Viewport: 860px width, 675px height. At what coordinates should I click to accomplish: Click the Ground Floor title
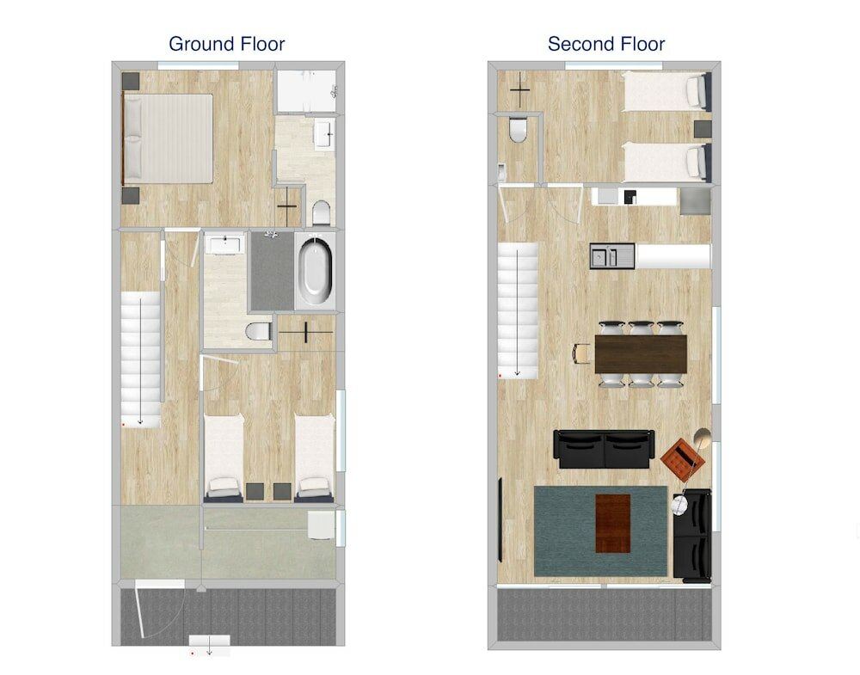(226, 44)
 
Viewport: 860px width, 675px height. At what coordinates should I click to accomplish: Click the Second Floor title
(606, 44)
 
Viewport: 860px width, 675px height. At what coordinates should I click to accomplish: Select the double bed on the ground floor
(169, 138)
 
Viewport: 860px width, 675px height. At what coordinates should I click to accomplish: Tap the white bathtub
(315, 271)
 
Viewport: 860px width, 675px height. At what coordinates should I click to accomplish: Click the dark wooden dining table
(641, 353)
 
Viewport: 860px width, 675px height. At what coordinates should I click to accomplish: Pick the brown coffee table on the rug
(612, 523)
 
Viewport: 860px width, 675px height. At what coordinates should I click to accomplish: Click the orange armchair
(683, 459)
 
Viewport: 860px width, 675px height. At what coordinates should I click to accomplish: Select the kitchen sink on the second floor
(604, 255)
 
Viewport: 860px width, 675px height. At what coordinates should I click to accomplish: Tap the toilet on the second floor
(518, 130)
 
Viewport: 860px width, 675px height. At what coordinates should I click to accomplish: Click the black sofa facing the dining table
(604, 449)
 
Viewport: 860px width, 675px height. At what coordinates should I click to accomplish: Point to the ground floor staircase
(140, 358)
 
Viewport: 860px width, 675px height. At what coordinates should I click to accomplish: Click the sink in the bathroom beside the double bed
(323, 136)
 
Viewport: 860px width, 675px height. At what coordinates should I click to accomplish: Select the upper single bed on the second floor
(665, 91)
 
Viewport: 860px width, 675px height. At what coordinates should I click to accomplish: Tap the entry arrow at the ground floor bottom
(209, 647)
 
